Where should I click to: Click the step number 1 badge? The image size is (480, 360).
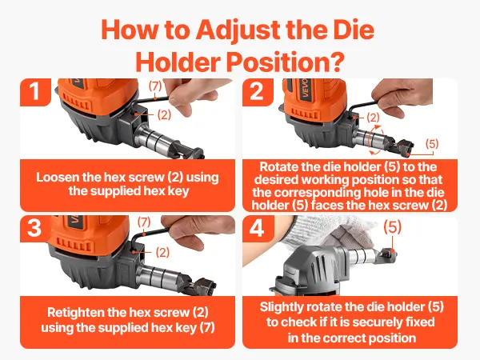35,92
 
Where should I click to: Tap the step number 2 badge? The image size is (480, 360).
257,92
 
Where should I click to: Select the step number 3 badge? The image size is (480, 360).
34,228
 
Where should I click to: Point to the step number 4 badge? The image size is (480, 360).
257,228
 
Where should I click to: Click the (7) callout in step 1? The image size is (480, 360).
155,86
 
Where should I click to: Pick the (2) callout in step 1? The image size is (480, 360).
164,114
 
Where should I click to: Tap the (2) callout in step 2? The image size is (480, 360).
373,118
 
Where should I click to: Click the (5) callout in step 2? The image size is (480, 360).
432,143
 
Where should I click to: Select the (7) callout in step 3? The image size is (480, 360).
144,222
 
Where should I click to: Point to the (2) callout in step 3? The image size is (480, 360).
162,252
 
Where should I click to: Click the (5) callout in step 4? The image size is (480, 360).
393,227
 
